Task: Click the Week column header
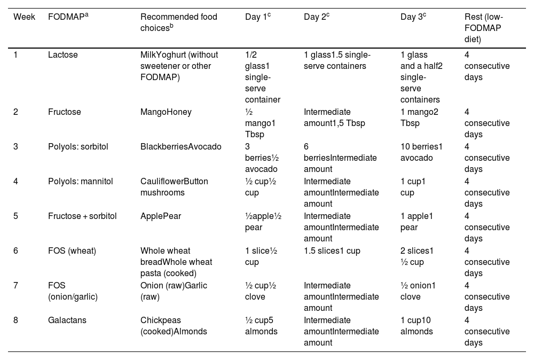pyautogui.click(x=25, y=17)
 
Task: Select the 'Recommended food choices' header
pyautogui.click(x=178, y=22)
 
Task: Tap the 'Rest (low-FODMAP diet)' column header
pyautogui.click(x=483, y=28)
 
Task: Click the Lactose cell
pyautogui.click(x=62, y=55)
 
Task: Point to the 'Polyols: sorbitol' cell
pyautogui.click(x=78, y=147)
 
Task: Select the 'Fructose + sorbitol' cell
pyautogui.click(x=82, y=216)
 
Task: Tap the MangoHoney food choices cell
pyautogui.click(x=166, y=112)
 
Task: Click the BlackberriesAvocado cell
pyautogui.click(x=180, y=147)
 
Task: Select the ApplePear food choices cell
pyautogui.click(x=160, y=216)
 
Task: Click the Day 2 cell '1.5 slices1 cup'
pyautogui.click(x=332, y=251)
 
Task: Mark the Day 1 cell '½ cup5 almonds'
pyautogui.click(x=261, y=326)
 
